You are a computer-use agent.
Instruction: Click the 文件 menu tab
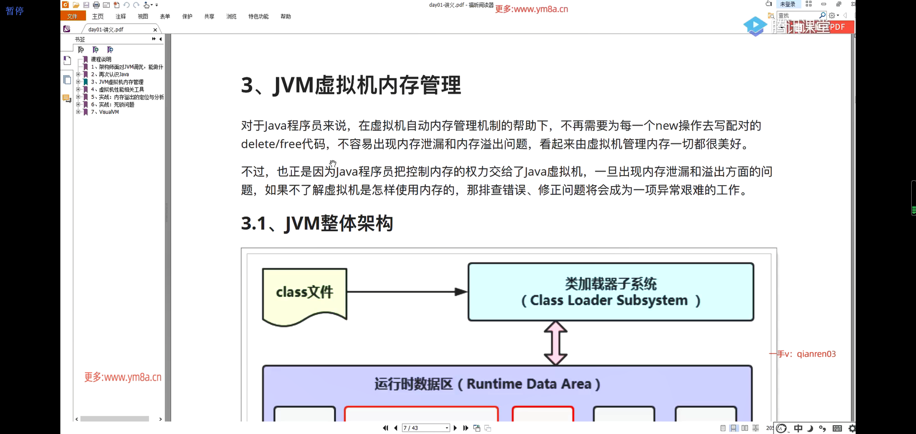coord(72,16)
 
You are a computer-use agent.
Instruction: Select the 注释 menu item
coord(121,16)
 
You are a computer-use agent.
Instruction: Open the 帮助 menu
coord(286,16)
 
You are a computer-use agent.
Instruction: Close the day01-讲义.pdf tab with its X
coord(155,30)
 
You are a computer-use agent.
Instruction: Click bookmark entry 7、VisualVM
coord(109,112)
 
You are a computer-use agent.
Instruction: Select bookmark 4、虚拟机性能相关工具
coord(121,90)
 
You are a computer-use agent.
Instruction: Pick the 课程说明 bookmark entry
coord(101,59)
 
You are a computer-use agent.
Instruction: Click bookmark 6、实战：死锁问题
coord(116,105)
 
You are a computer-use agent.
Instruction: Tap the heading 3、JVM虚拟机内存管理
coord(351,85)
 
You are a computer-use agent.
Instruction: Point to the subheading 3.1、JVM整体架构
coord(317,223)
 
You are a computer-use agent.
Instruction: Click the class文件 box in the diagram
coord(304,292)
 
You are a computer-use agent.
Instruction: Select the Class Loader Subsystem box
coord(610,292)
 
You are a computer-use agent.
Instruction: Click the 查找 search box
coord(798,15)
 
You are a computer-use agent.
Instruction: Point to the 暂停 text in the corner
coord(15,11)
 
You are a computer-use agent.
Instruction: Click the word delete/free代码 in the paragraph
coord(283,144)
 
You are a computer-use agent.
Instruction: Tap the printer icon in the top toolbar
coord(96,5)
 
